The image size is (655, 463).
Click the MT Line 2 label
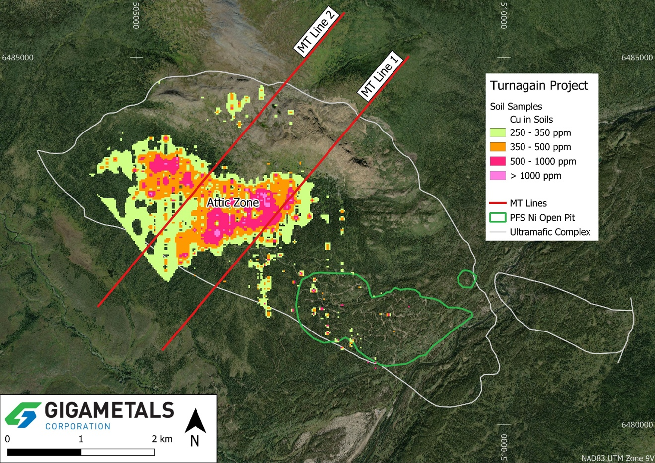(x=316, y=32)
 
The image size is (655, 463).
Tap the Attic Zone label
(x=233, y=203)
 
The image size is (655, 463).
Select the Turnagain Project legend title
(x=539, y=86)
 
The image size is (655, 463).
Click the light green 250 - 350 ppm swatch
(x=498, y=133)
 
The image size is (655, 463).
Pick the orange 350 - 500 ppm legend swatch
(x=498, y=147)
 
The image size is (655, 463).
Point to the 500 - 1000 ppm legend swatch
(x=498, y=162)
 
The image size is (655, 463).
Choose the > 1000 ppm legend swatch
(x=498, y=176)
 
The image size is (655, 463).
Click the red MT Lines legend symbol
(x=498, y=203)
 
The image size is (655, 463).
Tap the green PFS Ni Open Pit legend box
(x=498, y=218)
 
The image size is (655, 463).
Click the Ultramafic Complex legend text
(x=550, y=232)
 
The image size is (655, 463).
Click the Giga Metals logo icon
(x=23, y=414)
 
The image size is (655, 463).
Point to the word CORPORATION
(x=77, y=426)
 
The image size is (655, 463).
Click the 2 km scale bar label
(x=162, y=439)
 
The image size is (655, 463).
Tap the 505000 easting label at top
(x=136, y=15)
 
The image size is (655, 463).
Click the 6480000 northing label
(x=637, y=425)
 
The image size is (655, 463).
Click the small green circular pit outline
(x=466, y=279)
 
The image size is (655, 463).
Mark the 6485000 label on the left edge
(x=18, y=58)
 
